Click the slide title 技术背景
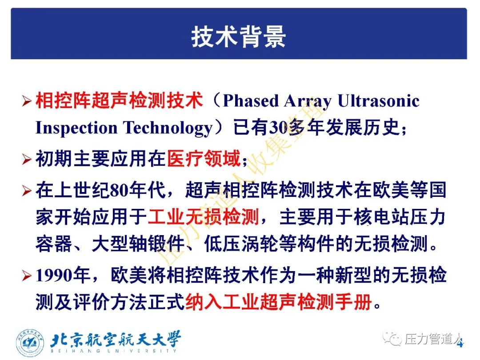click(239, 37)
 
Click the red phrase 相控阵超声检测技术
click(119, 100)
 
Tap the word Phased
click(251, 101)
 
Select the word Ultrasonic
click(378, 100)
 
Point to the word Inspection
click(76, 128)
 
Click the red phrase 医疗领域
click(204, 158)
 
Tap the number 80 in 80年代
click(120, 190)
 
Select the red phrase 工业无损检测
click(204, 217)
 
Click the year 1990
click(54, 276)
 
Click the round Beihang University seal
click(30, 343)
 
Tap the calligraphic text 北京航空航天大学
click(116, 339)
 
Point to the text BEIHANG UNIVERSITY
click(114, 351)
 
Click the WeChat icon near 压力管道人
click(392, 339)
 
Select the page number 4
click(460, 343)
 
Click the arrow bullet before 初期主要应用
click(27, 160)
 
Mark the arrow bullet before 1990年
click(27, 276)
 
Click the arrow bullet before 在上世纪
click(27, 191)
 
